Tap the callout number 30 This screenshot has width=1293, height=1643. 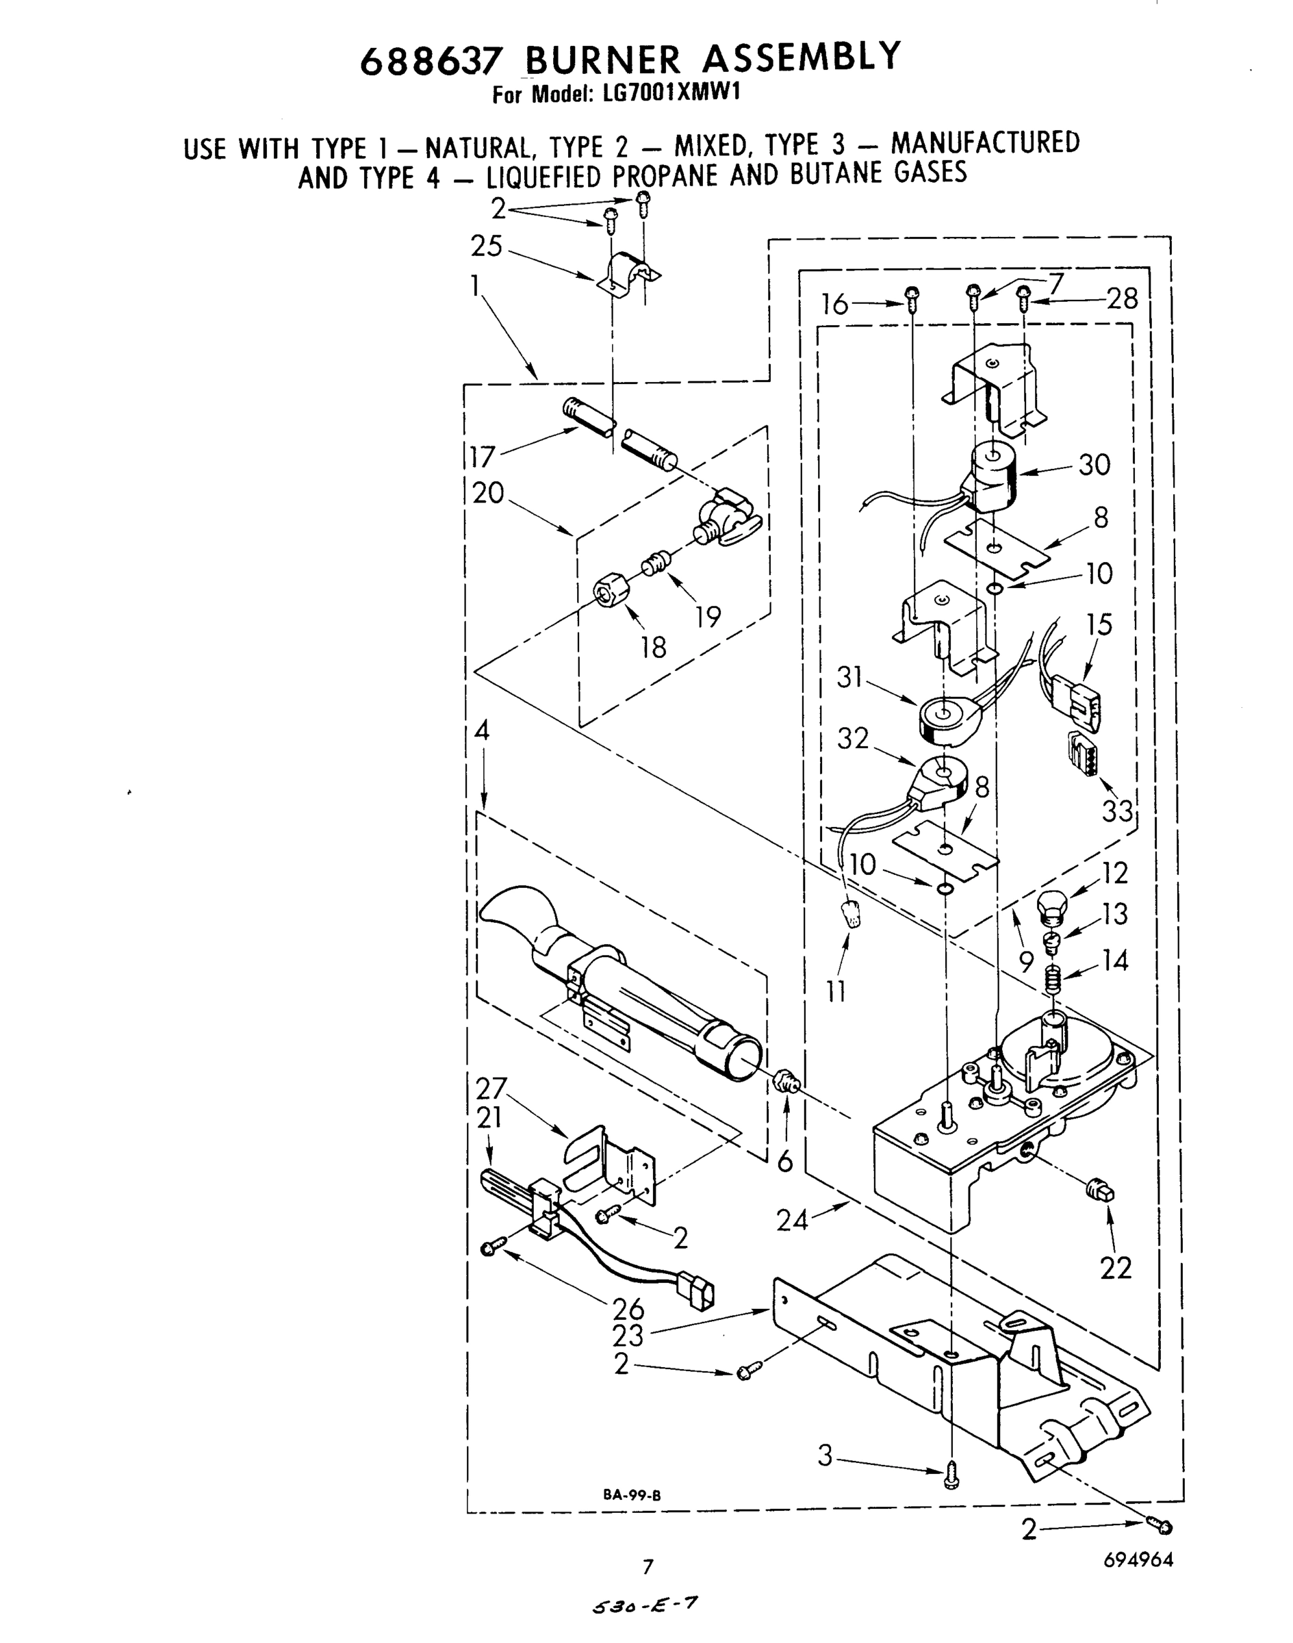click(x=1094, y=464)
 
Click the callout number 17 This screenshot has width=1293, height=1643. click(x=481, y=457)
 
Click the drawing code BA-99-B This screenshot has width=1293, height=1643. click(x=632, y=1495)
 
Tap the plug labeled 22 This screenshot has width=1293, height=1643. click(x=1101, y=1191)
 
